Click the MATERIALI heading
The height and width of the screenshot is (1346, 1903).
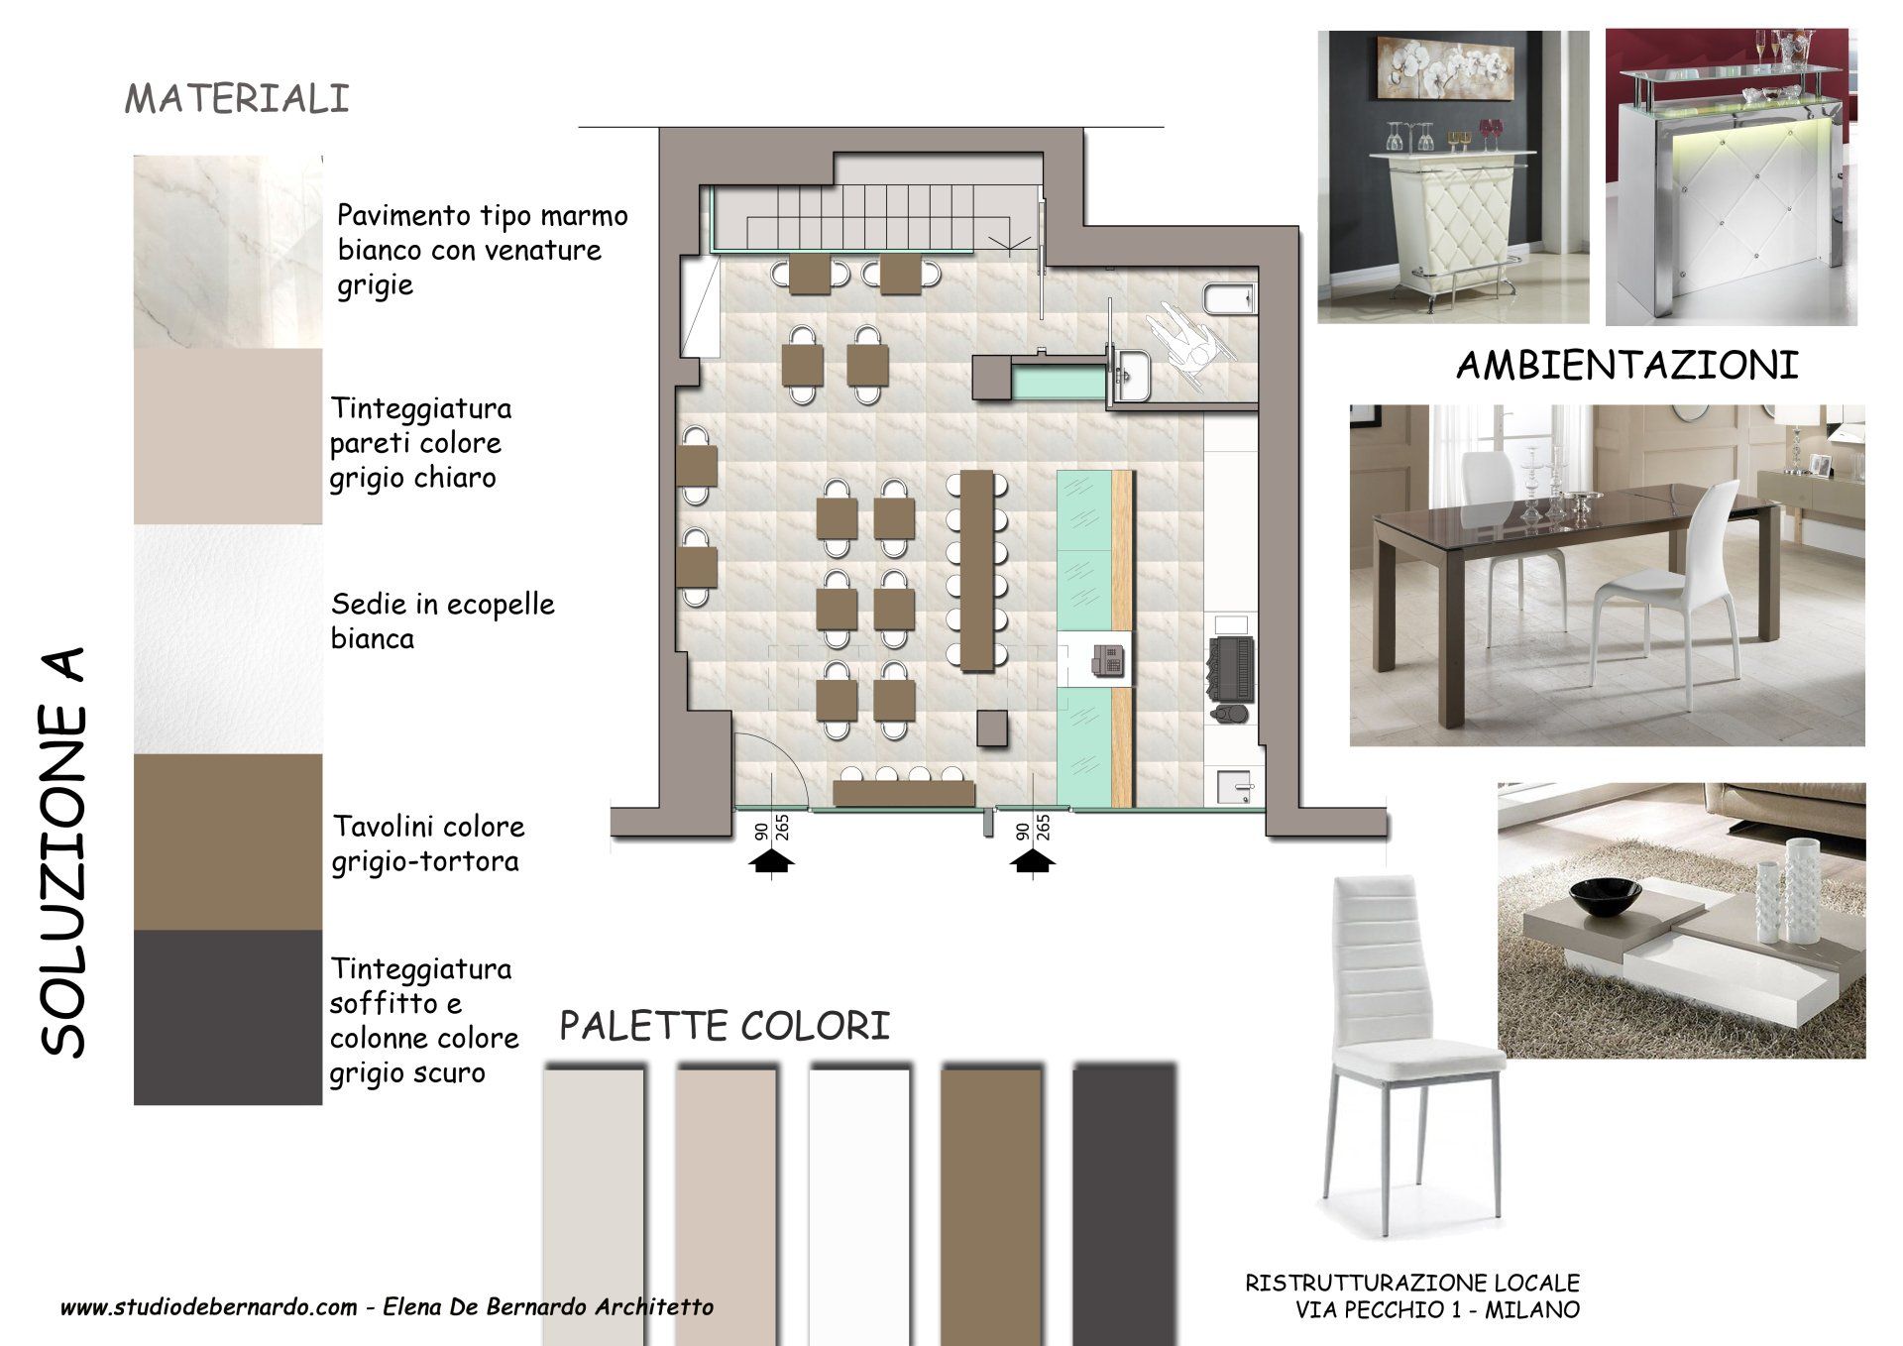[237, 99]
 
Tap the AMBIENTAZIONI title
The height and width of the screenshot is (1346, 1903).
[1627, 366]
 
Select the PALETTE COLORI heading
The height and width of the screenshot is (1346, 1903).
[725, 1027]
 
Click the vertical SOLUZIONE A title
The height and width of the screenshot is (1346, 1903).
[63, 853]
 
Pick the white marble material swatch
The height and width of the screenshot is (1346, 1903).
[228, 252]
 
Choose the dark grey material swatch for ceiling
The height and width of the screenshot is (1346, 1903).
[228, 1017]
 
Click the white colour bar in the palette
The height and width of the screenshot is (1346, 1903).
[858, 1205]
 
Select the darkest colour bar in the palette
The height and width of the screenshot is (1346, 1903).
[1123, 1205]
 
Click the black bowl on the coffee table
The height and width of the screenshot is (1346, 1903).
[1606, 899]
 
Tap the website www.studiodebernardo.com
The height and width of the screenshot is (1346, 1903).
[208, 1307]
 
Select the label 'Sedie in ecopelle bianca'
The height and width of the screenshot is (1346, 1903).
[442, 620]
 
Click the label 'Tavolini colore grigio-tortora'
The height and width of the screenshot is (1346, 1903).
[428, 843]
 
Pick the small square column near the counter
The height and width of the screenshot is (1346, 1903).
[993, 729]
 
